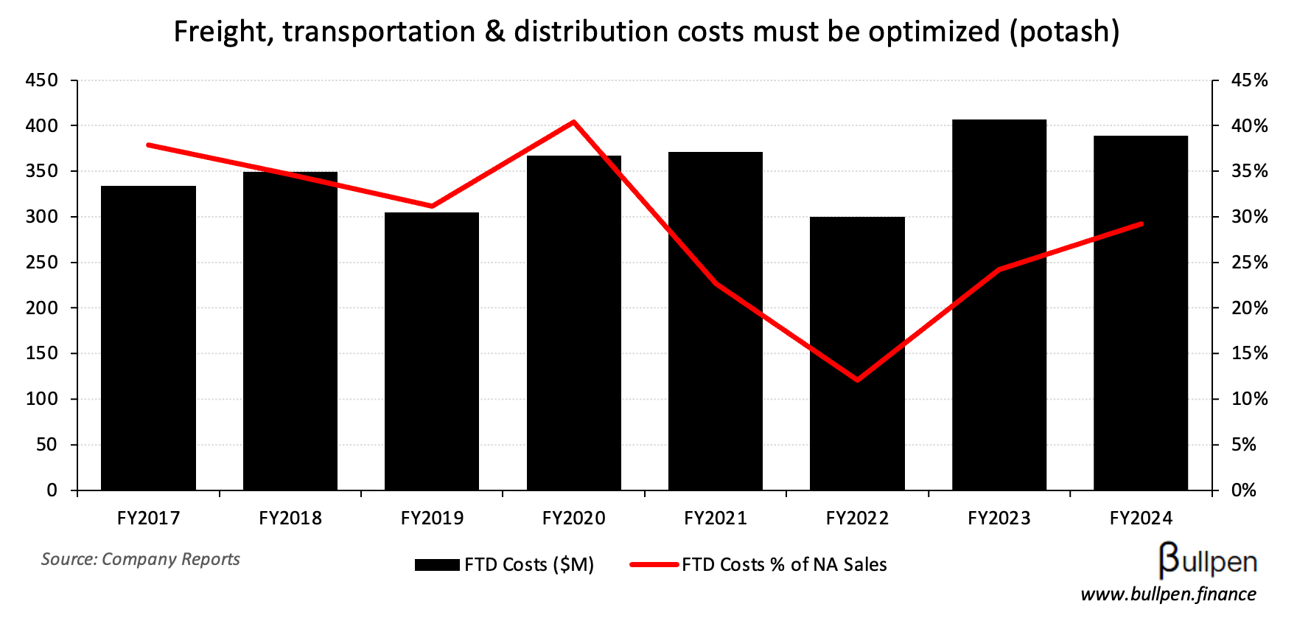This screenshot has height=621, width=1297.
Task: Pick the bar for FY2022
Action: point(857,353)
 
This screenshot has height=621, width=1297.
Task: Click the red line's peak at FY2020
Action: point(573,122)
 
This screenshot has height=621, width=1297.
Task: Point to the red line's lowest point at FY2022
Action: point(857,380)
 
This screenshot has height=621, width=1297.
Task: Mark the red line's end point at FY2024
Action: point(1141,223)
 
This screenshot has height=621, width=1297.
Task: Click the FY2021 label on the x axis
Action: point(716,518)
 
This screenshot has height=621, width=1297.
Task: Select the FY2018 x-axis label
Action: point(290,518)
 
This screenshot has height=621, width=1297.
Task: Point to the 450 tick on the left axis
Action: point(41,80)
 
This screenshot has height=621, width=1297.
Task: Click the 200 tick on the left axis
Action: point(41,308)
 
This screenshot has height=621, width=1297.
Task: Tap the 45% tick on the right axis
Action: point(1250,80)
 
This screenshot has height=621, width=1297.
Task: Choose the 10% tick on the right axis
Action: point(1250,399)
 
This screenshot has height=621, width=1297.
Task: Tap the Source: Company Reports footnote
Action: point(141,559)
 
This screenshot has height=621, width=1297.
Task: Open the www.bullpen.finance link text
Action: point(1168,594)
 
